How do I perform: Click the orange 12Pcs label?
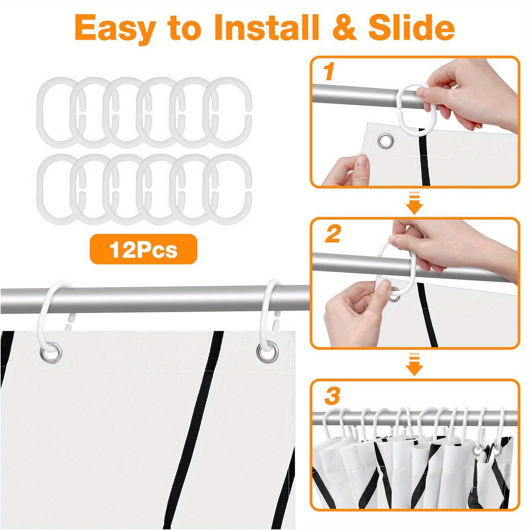[143, 249]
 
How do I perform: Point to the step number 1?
[329, 73]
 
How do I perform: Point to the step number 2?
[333, 234]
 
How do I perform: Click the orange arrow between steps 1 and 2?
[414, 202]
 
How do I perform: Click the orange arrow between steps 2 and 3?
[414, 364]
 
